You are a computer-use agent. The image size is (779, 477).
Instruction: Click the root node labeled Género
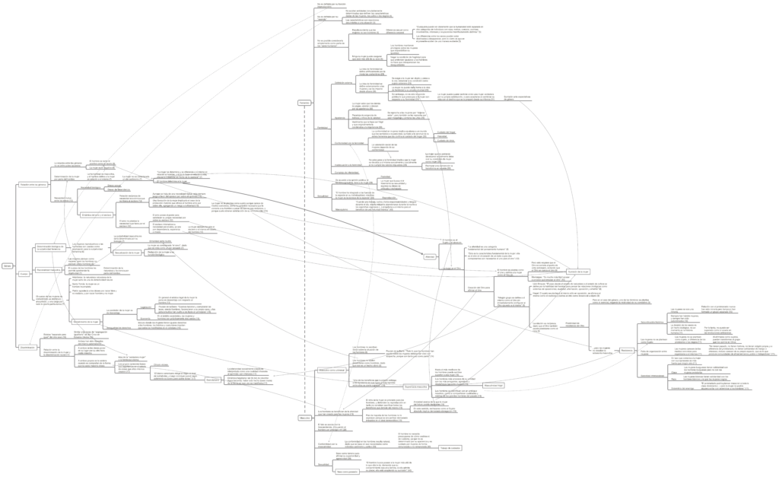(6, 266)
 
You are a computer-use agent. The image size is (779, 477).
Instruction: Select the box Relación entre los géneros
(33, 185)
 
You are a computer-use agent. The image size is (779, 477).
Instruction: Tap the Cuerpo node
(24, 272)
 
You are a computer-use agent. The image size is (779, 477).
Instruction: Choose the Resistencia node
(626, 350)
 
